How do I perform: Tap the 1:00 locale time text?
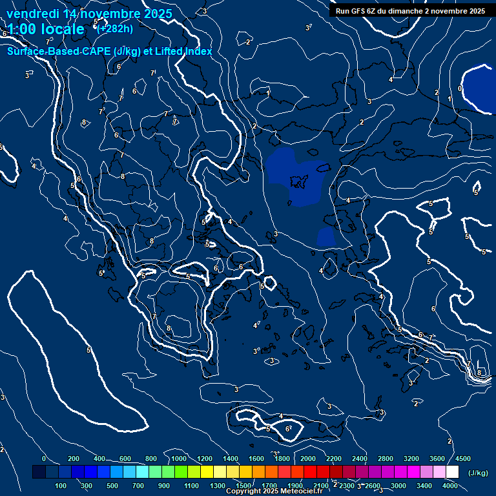click(45, 29)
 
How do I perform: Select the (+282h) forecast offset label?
click(115, 28)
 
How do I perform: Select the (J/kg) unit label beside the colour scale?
click(478, 473)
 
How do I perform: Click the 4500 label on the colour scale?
click(462, 458)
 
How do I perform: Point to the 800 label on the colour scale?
click(151, 458)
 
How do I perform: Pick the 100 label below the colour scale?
click(61, 485)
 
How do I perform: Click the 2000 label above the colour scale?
click(307, 458)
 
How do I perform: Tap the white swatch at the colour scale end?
click(452, 472)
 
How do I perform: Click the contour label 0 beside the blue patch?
click(459, 88)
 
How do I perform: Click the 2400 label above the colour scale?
click(360, 458)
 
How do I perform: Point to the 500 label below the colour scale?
click(112, 485)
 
